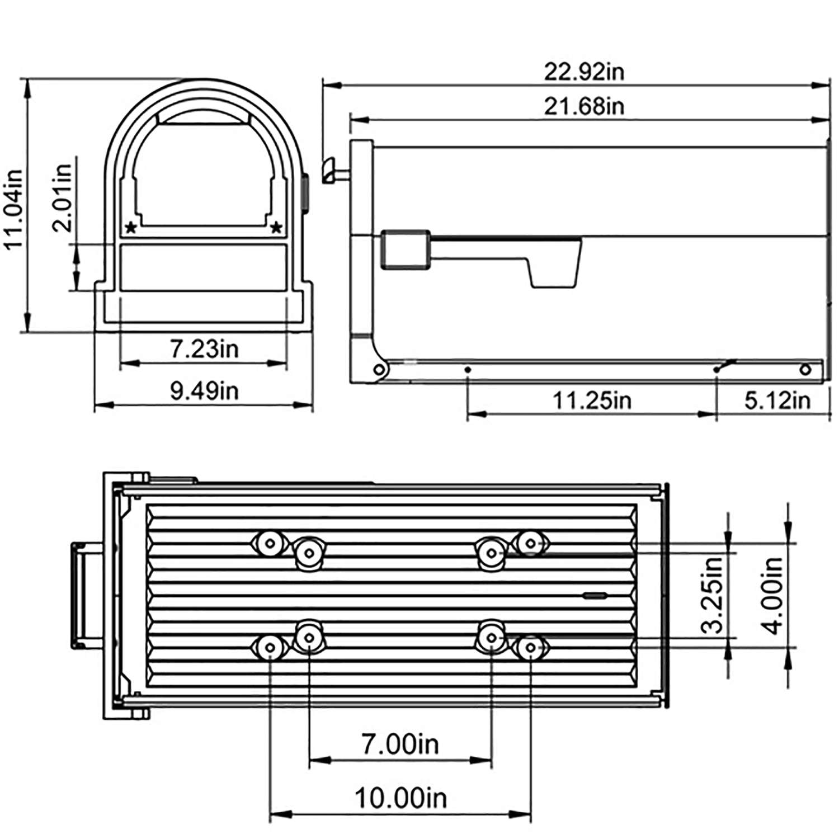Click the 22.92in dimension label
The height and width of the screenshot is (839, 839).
click(x=584, y=72)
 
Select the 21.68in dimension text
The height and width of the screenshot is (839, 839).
click(x=584, y=106)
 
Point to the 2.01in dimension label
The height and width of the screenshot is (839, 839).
click(x=62, y=197)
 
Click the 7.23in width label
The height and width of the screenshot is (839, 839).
click(x=204, y=349)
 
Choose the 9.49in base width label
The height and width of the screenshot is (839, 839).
click(x=204, y=390)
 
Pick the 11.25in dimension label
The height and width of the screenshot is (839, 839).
click(x=592, y=400)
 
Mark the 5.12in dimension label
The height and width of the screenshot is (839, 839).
click(x=777, y=400)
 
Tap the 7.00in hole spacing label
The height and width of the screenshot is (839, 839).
click(x=400, y=744)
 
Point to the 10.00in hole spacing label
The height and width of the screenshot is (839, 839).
click(x=400, y=798)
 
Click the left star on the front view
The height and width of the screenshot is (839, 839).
click(x=131, y=228)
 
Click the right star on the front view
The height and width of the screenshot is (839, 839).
click(x=276, y=228)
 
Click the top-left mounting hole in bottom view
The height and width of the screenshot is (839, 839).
click(x=271, y=543)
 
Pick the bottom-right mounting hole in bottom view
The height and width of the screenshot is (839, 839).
click(x=530, y=648)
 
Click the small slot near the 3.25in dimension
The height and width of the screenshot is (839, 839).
click(x=595, y=595)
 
